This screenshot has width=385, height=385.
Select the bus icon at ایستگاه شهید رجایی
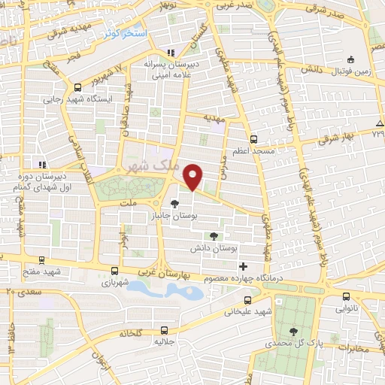tap(78, 86)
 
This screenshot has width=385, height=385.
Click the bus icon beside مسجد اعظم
tap(253, 139)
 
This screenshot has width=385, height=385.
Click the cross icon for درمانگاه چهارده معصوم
tap(243, 266)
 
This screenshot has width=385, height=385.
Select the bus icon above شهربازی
tap(114, 271)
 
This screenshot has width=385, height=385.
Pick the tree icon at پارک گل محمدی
tap(293, 331)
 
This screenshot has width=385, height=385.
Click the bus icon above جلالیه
tap(164, 329)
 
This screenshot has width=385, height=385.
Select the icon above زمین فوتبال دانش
tap(350, 60)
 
